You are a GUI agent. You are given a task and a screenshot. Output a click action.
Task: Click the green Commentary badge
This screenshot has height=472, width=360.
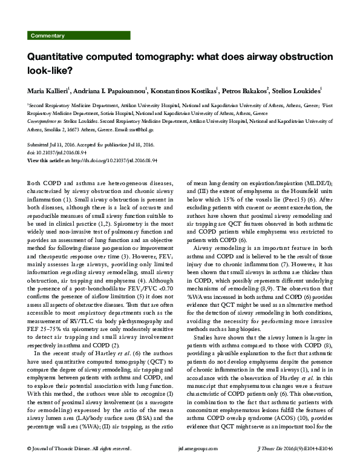coord(48,36)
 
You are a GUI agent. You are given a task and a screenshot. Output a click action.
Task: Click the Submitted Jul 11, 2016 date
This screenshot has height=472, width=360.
coord(55,146)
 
